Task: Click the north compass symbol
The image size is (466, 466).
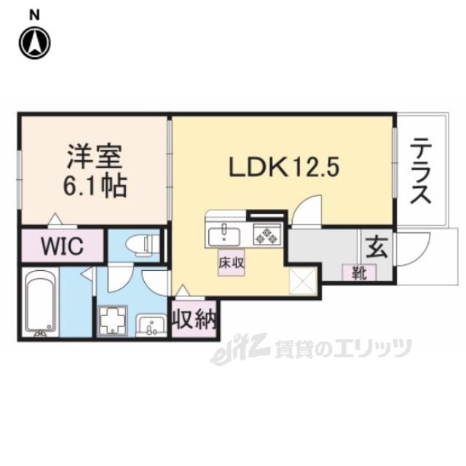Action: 36,42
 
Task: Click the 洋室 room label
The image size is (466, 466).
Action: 95,157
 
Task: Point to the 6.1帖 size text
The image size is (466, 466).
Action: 95,187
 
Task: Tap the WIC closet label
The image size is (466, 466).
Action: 61,246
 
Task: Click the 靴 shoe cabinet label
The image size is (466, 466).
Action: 359,273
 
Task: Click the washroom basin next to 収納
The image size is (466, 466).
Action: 153,324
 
